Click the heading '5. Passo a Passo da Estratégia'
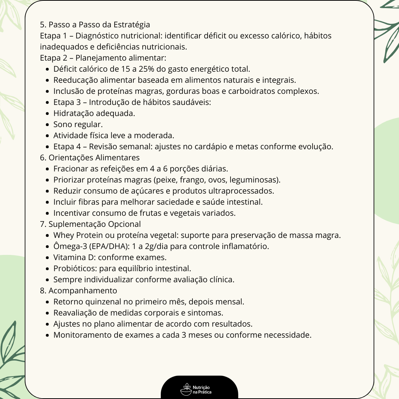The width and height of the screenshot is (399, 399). coord(95,25)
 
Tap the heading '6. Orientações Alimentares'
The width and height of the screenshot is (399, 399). coord(90,158)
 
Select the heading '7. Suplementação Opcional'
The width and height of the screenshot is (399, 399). coord(91,224)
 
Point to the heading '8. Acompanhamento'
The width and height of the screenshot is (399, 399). coord(78,291)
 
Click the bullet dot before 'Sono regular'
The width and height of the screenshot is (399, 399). coord(48,125)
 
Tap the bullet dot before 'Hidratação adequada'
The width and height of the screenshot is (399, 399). coord(48,113)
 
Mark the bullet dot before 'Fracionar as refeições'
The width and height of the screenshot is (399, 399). coord(48,169)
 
